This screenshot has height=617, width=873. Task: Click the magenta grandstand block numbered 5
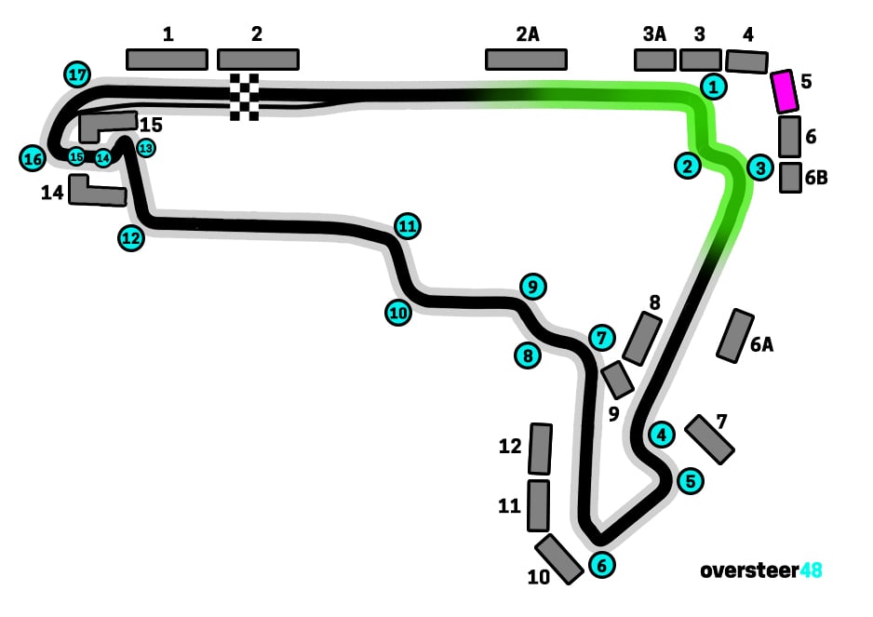tap(786, 90)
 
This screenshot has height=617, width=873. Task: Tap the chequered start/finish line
tap(245, 96)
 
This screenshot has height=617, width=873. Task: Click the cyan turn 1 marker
tap(713, 87)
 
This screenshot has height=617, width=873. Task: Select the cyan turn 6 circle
tap(601, 564)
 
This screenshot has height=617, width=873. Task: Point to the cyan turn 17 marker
tap(77, 74)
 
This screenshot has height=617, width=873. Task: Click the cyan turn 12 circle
tap(131, 238)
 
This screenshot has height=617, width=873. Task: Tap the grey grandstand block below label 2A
tap(526, 60)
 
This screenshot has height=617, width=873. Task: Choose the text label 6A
tap(761, 345)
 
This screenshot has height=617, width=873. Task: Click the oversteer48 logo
tap(761, 570)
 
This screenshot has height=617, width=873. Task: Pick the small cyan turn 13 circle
tap(146, 147)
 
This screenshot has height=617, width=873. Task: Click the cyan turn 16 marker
tap(33, 159)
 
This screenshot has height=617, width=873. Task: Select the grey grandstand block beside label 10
tap(559, 558)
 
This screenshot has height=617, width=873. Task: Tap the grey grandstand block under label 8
tap(641, 339)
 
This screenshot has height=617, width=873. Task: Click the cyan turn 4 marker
tap(661, 434)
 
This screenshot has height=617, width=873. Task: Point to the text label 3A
tap(654, 34)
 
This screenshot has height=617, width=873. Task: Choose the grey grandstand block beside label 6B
tap(790, 177)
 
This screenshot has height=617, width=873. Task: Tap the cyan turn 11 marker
tap(407, 225)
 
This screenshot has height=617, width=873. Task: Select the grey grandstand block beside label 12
tap(540, 449)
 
